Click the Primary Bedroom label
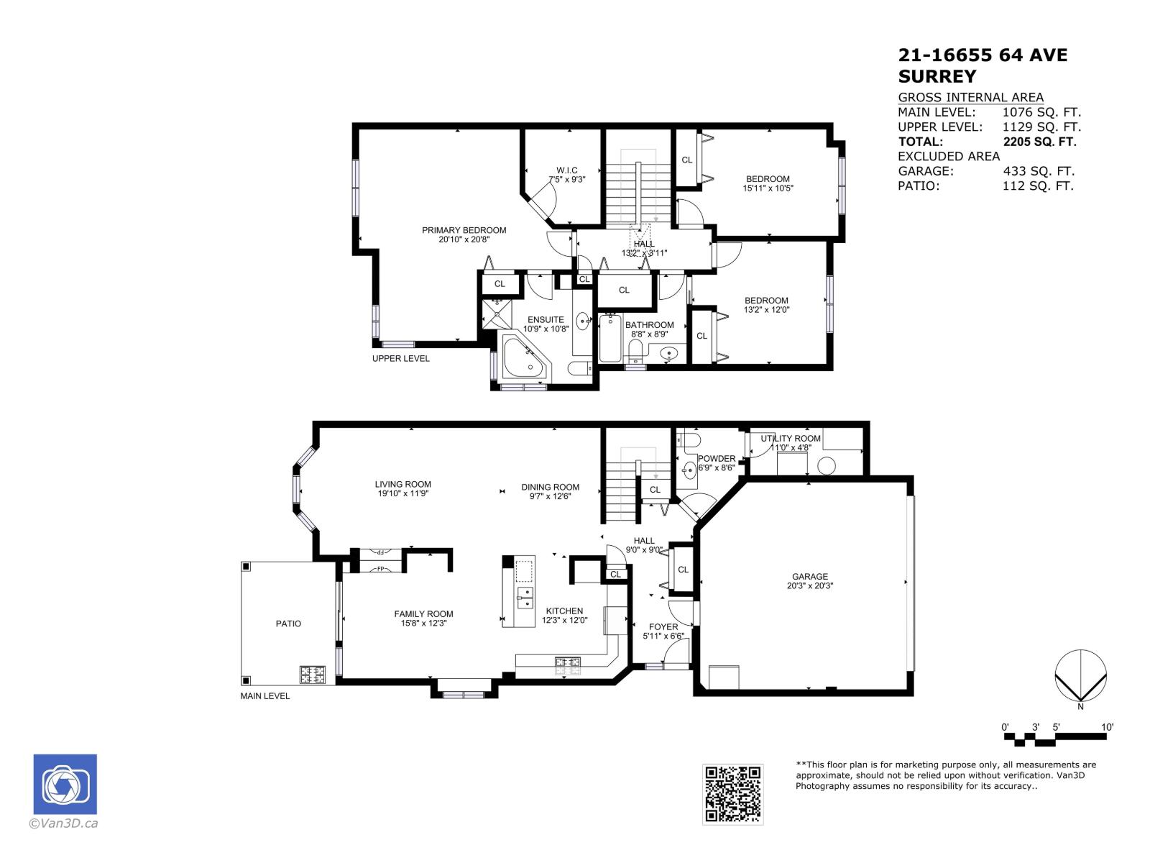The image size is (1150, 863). (464, 231)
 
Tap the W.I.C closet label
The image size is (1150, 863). (567, 170)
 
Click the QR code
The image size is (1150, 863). (732, 794)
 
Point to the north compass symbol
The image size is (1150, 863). (1080, 677)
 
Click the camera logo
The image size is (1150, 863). (65, 785)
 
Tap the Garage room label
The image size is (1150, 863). (810, 577)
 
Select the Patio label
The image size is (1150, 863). (288, 624)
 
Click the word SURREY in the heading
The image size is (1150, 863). (937, 76)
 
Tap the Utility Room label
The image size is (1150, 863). (791, 439)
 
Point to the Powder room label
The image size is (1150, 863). (717, 459)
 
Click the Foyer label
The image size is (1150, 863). (663, 627)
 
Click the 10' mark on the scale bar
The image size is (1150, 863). (1108, 727)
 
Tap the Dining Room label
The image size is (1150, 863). (550, 488)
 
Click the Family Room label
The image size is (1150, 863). (423, 614)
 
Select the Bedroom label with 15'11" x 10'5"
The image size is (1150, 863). (768, 179)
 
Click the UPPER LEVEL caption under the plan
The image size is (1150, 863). (400, 358)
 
